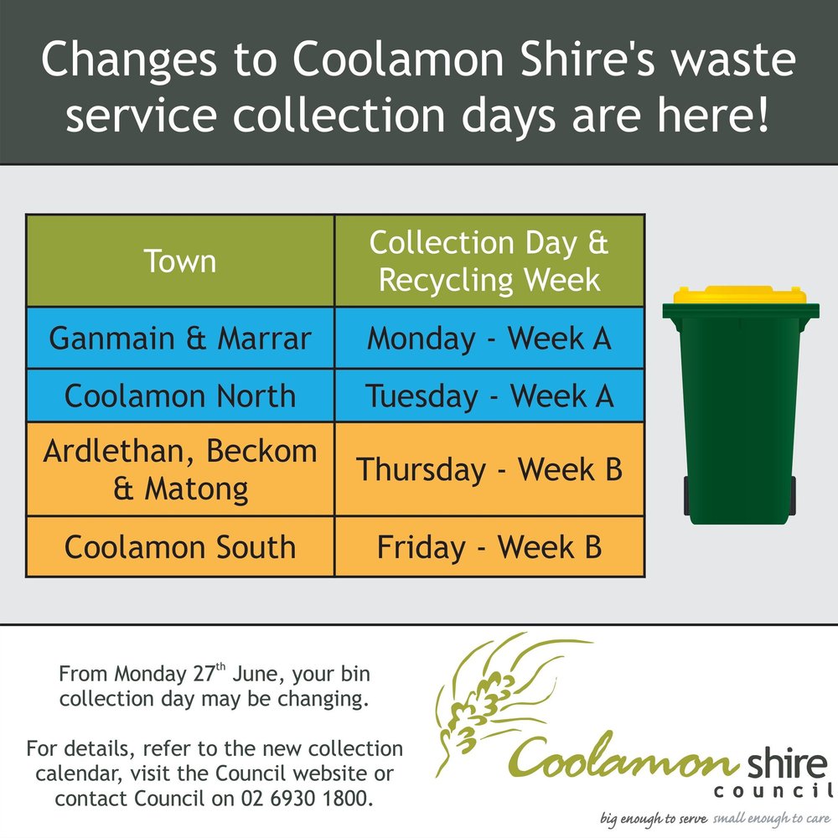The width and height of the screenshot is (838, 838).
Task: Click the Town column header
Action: click(x=180, y=261)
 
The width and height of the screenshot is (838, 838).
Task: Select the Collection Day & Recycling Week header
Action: click(x=489, y=261)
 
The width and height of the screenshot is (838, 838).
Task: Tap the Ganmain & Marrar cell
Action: click(x=180, y=338)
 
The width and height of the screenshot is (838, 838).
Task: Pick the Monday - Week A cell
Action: click(x=489, y=338)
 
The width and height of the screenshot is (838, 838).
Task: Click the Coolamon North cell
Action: click(x=180, y=396)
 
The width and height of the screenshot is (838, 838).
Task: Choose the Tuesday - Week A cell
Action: click(x=489, y=396)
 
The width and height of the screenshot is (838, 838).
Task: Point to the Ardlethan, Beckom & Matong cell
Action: click(x=180, y=469)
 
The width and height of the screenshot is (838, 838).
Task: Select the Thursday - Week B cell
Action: click(x=489, y=469)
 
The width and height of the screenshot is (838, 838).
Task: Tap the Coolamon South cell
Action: click(x=180, y=547)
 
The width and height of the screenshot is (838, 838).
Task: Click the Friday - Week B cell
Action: click(x=489, y=547)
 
